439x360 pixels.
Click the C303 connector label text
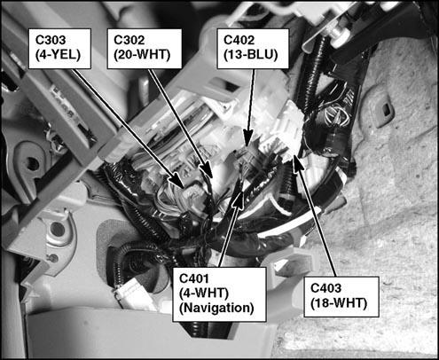click(51, 40)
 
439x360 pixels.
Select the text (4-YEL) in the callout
click(58, 55)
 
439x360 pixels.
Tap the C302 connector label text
click(129, 40)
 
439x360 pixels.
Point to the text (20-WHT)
click(142, 55)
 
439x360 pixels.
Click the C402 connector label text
click(239, 40)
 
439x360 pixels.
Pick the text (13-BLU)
click(251, 55)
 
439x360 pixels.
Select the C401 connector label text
click(194, 278)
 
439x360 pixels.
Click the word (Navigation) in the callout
click(216, 308)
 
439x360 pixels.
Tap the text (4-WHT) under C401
click(204, 293)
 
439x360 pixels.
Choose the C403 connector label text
click(326, 288)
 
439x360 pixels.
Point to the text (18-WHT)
click(339, 303)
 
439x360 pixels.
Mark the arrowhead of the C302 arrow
click(208, 171)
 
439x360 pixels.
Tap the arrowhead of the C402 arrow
click(248, 139)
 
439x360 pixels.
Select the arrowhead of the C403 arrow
click(297, 163)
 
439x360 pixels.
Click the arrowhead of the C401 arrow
click(239, 199)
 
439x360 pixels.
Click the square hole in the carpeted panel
click(387, 109)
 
